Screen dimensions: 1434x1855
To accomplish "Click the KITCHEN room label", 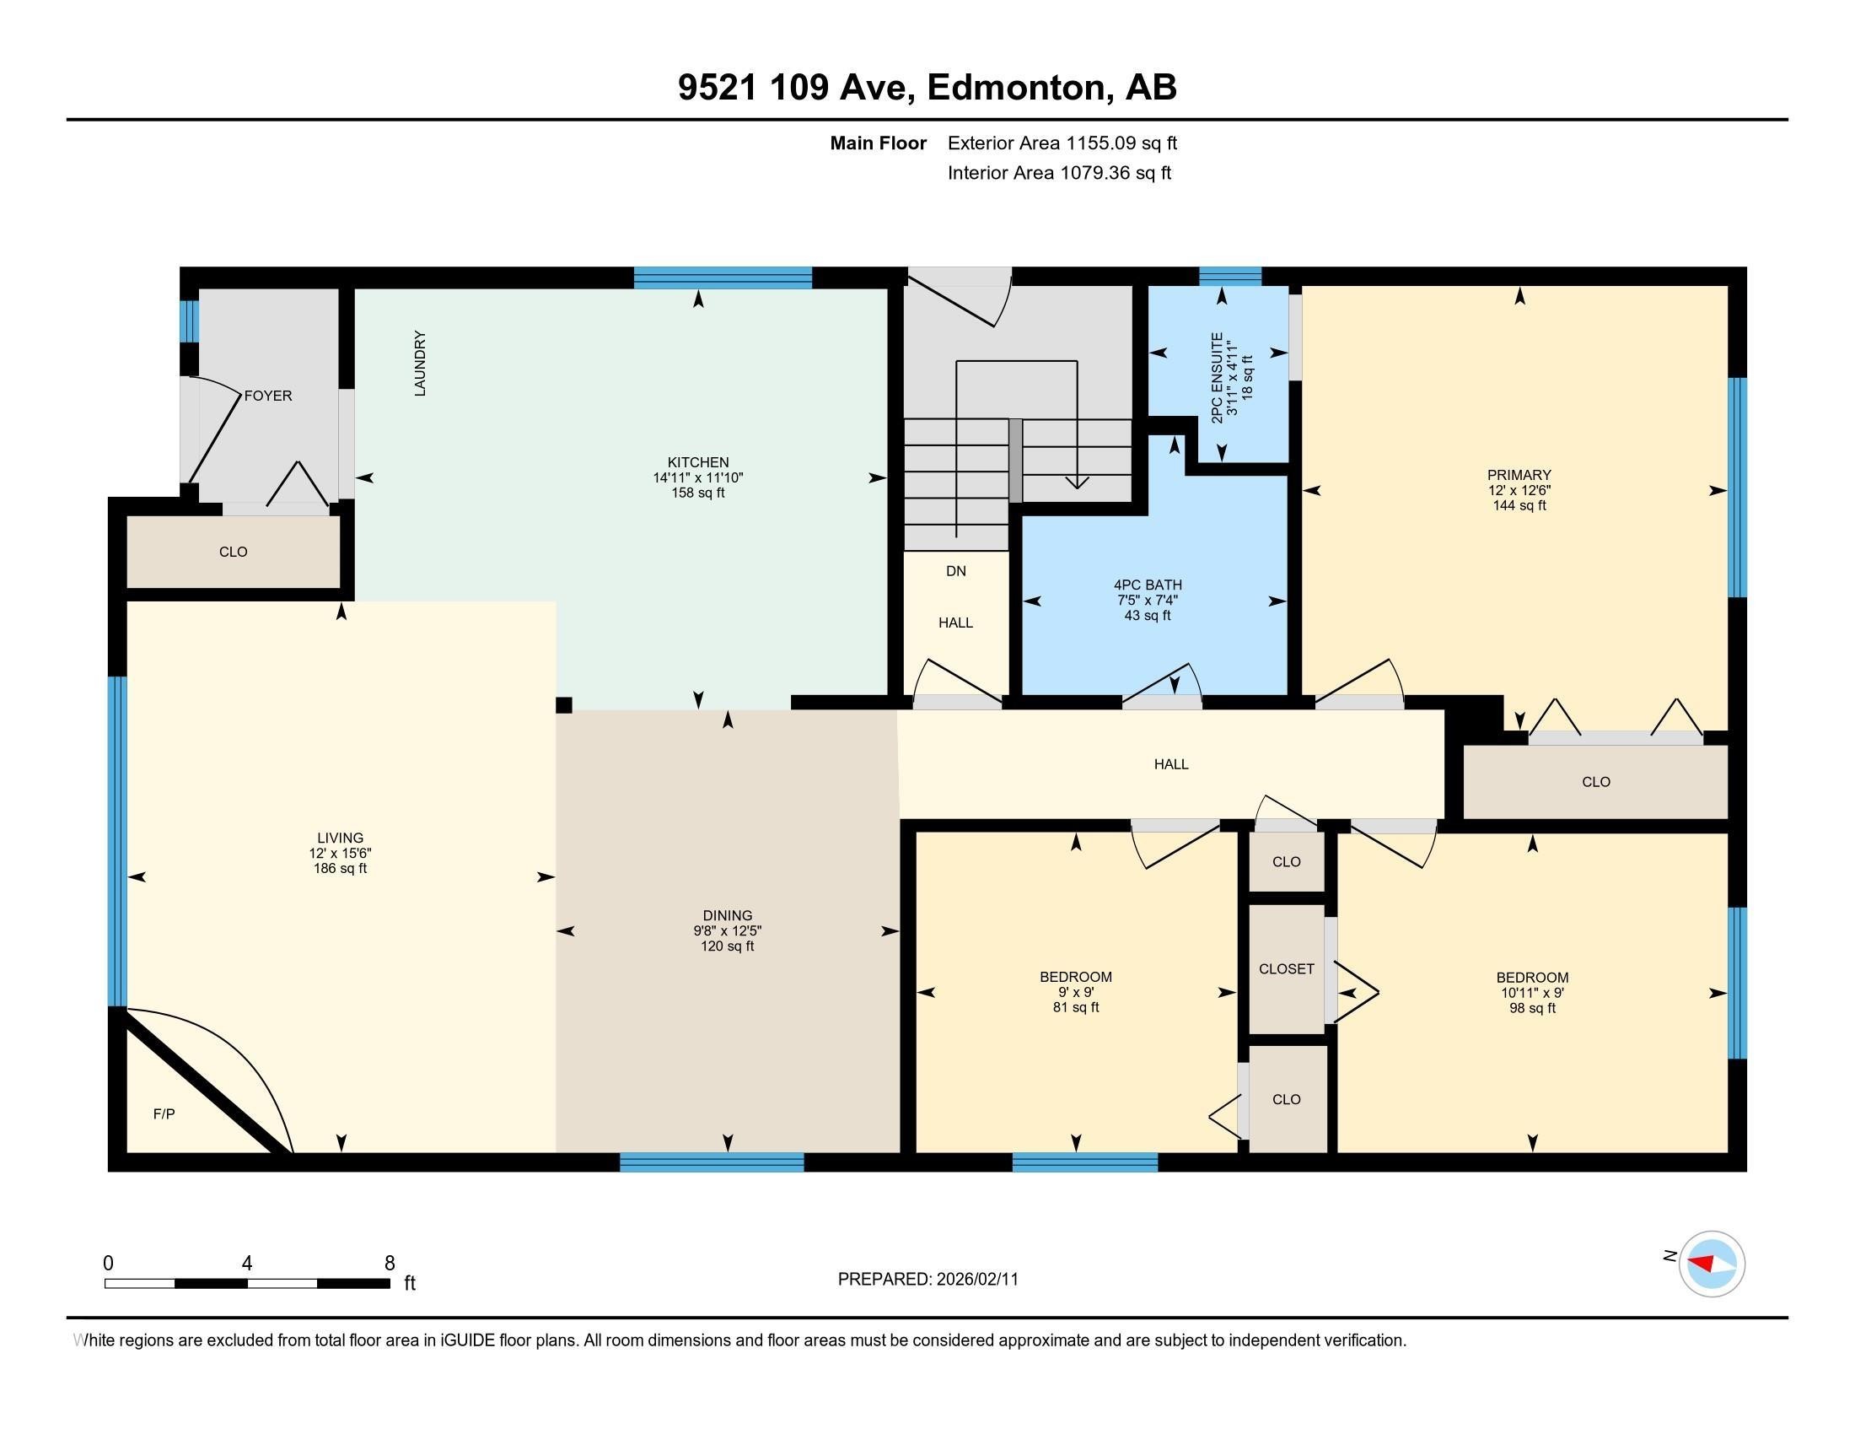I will pos(697,462).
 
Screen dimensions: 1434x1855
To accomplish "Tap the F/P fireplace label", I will pos(164,1113).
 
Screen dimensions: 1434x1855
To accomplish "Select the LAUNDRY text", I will pos(420,364).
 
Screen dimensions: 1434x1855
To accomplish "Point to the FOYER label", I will pos(267,396).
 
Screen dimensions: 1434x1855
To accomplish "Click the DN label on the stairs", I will pos(955,571).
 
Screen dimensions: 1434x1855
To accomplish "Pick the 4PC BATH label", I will pos(1148,585).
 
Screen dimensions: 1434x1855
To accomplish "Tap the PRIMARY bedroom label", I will pos(1519,475).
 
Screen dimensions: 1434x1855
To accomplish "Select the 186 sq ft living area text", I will pos(340,868).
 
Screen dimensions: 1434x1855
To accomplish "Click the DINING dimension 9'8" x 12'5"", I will pos(727,930).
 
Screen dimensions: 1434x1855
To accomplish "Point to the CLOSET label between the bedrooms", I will pos(1286,968).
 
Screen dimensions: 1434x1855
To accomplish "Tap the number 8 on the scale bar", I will pos(389,1264).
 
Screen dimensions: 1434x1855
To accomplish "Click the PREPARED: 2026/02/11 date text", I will pos(927,1280).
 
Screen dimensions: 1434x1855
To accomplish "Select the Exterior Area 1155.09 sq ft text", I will pos(1062,143).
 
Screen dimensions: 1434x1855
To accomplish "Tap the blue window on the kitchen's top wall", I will pos(723,278).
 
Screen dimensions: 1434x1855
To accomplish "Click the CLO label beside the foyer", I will pos(233,553).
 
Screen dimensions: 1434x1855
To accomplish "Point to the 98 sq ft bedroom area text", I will pos(1531,1008).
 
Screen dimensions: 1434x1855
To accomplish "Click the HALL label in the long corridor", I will pos(1170,764).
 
